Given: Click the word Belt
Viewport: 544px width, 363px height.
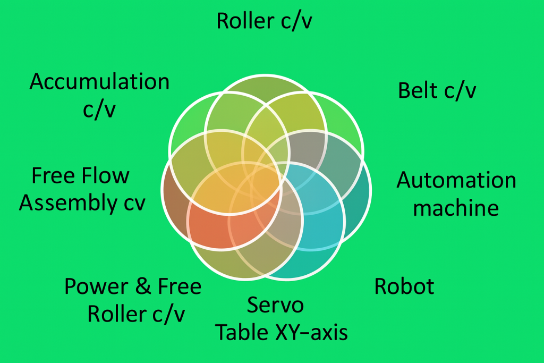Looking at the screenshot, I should [x=418, y=90].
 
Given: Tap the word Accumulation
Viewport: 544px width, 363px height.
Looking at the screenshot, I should [x=99, y=82].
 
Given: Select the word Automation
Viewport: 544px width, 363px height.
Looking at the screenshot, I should [x=456, y=180].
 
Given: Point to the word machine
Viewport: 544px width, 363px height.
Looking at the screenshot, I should [x=456, y=207].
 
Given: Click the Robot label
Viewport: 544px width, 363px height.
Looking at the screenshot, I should [x=404, y=286].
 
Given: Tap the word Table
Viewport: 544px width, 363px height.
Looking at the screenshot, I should [x=241, y=332].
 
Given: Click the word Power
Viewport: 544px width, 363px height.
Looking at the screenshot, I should [x=97, y=287].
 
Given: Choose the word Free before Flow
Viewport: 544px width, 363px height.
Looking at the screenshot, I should [x=53, y=176].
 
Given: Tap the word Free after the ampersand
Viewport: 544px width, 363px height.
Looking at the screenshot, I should [x=180, y=287].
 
